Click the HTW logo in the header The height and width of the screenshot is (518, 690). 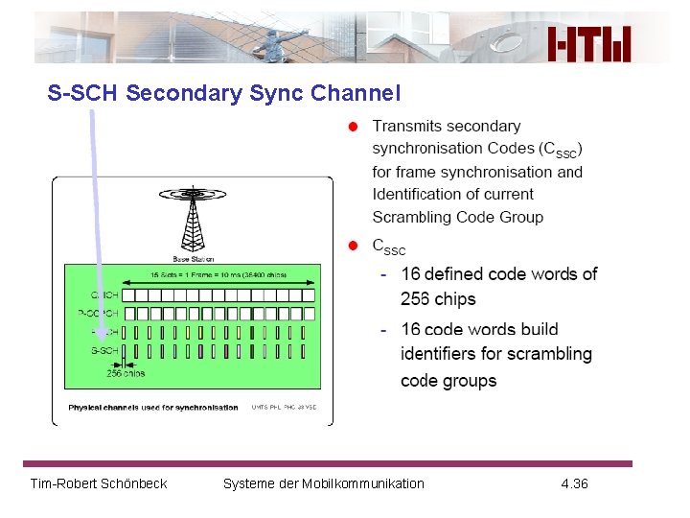click(590, 42)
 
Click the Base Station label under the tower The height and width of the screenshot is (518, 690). click(193, 259)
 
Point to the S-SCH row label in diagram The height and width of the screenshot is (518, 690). click(104, 350)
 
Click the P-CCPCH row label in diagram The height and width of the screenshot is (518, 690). click(99, 313)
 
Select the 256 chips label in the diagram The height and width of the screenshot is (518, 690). click(126, 373)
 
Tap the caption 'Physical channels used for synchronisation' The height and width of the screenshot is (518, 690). click(153, 408)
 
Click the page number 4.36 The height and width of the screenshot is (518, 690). click(574, 483)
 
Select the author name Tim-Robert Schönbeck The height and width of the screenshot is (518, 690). click(99, 483)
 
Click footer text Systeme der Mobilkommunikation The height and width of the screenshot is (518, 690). click(323, 483)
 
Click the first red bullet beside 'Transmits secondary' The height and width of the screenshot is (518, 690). click(353, 127)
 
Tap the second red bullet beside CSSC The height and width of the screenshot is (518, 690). click(353, 247)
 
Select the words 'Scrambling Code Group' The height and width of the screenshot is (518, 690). click(457, 217)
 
